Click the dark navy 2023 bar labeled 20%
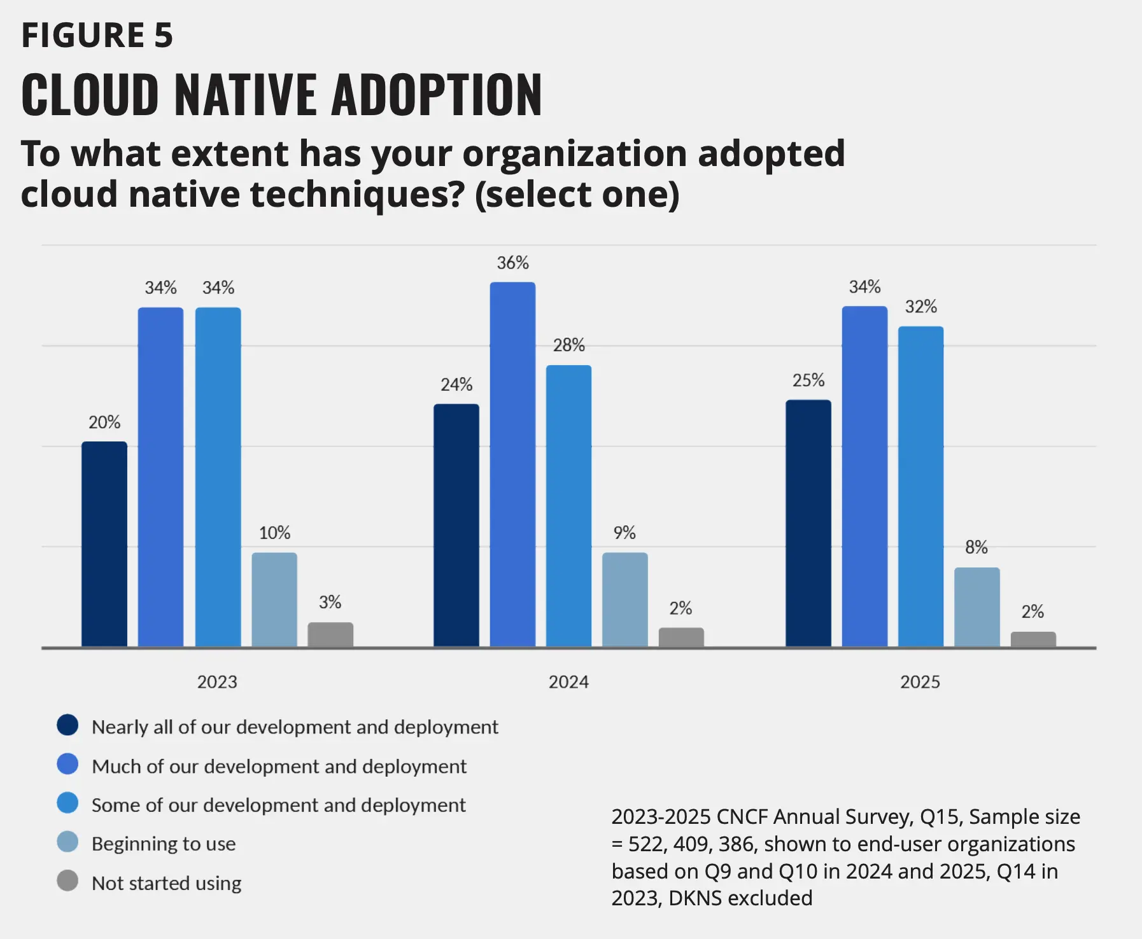coord(104,545)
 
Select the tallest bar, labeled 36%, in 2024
coord(512,464)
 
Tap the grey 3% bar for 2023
coord(330,635)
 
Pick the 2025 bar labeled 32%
coord(920,487)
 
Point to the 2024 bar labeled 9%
coord(625,600)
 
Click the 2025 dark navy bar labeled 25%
coord(808,524)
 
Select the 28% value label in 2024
coord(568,345)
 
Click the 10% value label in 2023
coord(274,532)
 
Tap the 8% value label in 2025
coord(976,547)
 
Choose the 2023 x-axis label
coord(217,682)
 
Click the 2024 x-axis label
coord(568,682)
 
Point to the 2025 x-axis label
coord(920,682)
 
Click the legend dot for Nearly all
coord(67,725)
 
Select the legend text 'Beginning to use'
coord(164,844)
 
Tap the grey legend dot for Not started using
coord(67,881)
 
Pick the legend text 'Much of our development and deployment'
coord(279,766)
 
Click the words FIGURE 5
coord(97,35)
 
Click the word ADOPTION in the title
coord(437,95)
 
